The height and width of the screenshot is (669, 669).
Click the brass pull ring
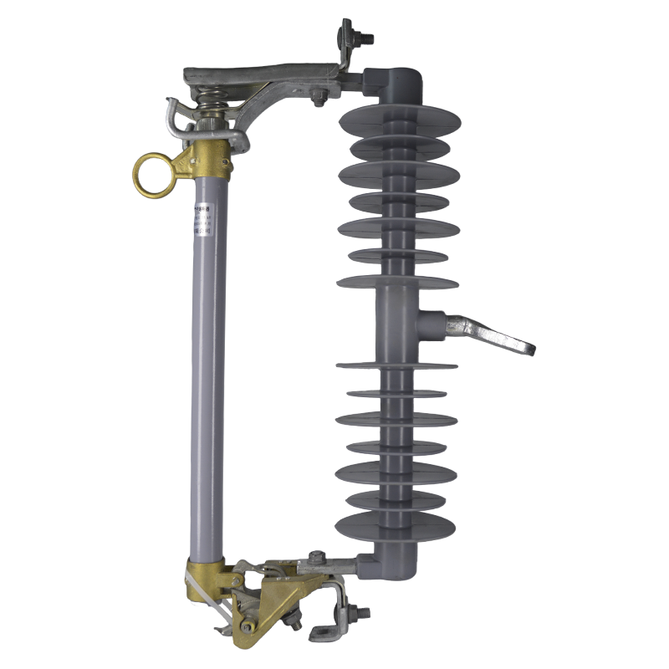151,174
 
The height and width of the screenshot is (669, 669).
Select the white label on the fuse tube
201,219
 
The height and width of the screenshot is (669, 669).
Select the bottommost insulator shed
396,527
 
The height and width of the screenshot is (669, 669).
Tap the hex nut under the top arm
319,102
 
